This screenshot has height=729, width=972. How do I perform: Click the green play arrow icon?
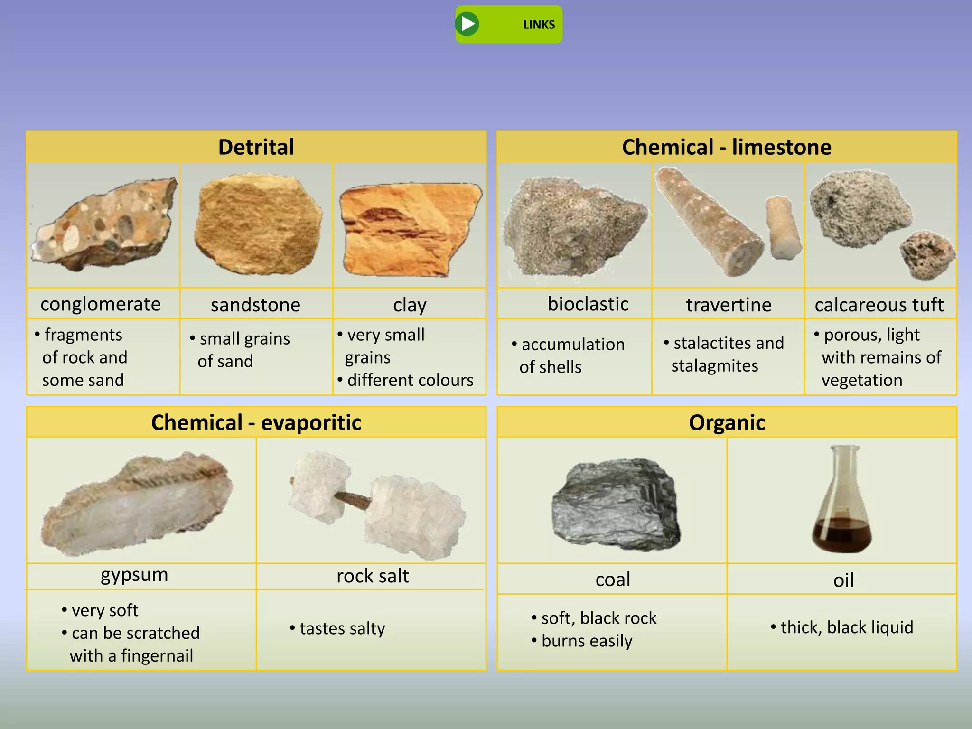[x=467, y=24]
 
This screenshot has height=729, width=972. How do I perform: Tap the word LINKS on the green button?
[x=539, y=25]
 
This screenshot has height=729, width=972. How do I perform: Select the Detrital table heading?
[x=256, y=147]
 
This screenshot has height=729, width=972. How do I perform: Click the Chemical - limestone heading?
[x=727, y=147]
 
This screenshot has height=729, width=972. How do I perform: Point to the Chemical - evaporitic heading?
[x=256, y=422]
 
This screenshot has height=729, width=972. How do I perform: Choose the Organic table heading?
[x=727, y=422]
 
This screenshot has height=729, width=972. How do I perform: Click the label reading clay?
[x=410, y=305]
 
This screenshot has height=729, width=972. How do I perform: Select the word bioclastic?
[x=588, y=304]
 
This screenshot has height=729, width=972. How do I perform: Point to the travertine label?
[x=729, y=305]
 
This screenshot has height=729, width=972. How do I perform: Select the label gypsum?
[x=134, y=575]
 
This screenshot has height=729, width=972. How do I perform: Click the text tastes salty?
[x=342, y=628]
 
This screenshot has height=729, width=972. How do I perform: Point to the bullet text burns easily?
[x=587, y=641]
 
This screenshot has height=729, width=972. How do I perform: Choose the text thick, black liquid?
[x=846, y=627]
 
